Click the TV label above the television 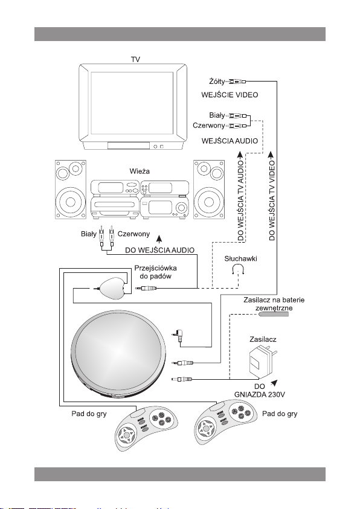[135, 59]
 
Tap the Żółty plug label [216, 82]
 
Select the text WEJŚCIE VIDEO [230, 95]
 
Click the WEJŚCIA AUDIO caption [230, 141]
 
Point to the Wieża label [140, 171]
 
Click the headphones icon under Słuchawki [238, 269]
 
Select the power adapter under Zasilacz [262, 361]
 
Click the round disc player [118, 354]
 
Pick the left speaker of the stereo [71, 189]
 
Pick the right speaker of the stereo [209, 189]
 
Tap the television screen [132, 103]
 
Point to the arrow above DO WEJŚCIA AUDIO [159, 239]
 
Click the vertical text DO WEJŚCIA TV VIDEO [272, 200]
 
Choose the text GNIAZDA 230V [260, 395]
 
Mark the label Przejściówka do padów [155, 272]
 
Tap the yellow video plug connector [236, 82]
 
